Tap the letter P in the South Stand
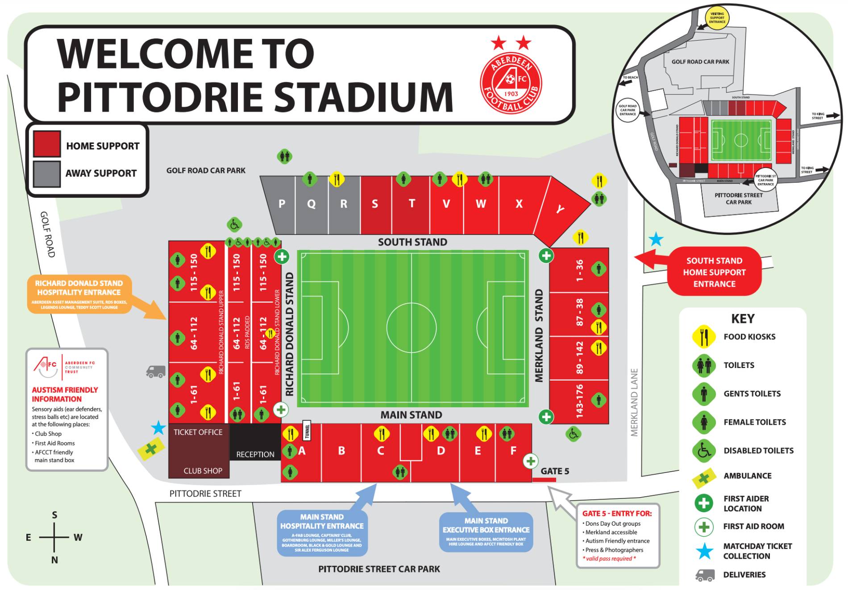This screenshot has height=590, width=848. tap(282, 204)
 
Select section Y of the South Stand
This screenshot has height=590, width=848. tap(560, 209)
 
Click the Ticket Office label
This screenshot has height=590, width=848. tap(198, 432)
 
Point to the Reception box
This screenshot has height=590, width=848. tap(255, 454)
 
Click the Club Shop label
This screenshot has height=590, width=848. tap(203, 471)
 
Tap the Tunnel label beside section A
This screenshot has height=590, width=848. tap(307, 431)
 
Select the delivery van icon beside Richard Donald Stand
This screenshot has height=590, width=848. tap(156, 372)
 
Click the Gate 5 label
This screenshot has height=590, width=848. tap(555, 471)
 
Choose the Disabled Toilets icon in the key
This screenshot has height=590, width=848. tap(704, 451)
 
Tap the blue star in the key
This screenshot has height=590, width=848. tap(704, 551)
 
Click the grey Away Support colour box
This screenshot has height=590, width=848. tap(46, 174)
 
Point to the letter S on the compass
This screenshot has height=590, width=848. tap(54, 515)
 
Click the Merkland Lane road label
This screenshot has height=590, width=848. tap(634, 402)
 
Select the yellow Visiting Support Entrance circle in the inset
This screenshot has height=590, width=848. tap(717, 18)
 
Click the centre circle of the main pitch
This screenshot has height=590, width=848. tap(411, 327)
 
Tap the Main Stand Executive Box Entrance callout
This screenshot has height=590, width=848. tap(486, 531)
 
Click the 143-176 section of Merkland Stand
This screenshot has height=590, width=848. tap(579, 401)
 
